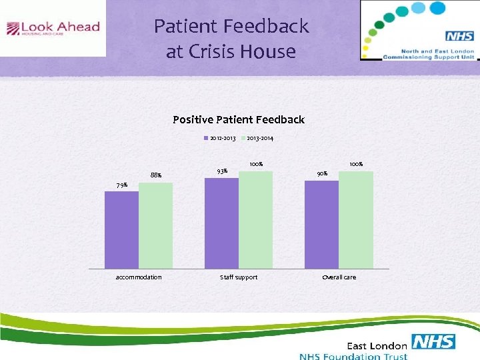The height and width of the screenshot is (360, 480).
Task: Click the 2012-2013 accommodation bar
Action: click(x=121, y=230)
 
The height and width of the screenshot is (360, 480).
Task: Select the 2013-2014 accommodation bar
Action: click(x=155, y=225)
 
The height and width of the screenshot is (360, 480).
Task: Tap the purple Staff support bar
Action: click(x=221, y=223)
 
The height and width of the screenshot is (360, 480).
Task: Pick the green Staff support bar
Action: click(x=255, y=219)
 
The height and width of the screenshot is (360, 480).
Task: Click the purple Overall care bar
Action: click(x=321, y=224)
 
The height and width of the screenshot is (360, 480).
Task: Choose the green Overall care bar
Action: click(x=355, y=219)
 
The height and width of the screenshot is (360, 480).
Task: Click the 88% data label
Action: click(x=155, y=175)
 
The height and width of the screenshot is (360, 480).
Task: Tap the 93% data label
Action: click(x=223, y=171)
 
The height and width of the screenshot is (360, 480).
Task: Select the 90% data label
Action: click(x=322, y=174)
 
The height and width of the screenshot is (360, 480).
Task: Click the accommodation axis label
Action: click(x=139, y=277)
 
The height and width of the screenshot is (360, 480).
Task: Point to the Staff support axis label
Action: click(x=239, y=277)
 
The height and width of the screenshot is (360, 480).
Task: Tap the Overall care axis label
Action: click(x=339, y=277)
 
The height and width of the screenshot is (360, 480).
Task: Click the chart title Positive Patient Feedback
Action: click(x=239, y=120)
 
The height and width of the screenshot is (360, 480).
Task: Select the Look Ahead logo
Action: click(x=53, y=29)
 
